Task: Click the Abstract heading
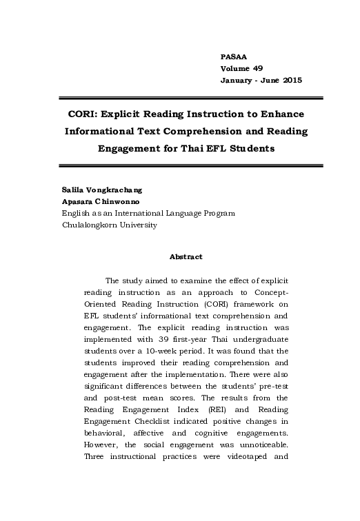tap(186, 257)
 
